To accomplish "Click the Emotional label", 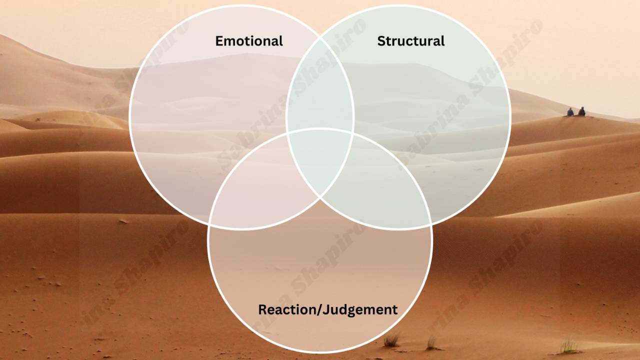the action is (249, 41).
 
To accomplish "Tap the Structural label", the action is (410, 41).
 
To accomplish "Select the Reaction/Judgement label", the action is (327, 309).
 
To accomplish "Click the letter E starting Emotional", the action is (219, 41).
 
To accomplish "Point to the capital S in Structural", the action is (381, 41).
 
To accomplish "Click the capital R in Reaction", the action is (262, 309).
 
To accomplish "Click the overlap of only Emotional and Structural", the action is (320, 85).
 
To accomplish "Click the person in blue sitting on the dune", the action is (570, 112).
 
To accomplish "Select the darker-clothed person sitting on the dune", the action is (581, 111).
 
